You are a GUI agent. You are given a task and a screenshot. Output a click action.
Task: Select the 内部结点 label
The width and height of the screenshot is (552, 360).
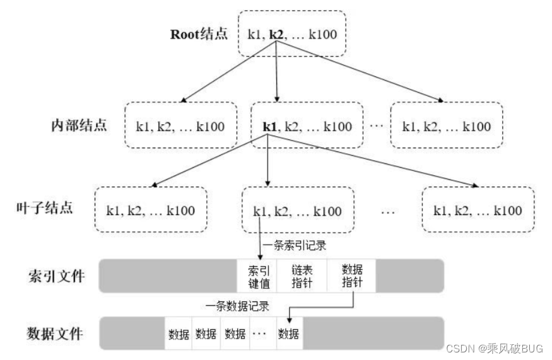pos(79,124)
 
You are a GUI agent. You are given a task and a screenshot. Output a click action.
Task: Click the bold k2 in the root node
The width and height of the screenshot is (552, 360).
pos(276,34)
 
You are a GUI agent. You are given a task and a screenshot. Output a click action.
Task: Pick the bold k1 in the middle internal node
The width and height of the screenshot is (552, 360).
pos(270,126)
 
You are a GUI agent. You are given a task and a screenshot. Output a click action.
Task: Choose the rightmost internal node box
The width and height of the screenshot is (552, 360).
pos(446,126)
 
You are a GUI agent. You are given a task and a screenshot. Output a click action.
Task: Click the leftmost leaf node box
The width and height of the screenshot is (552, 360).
pos(150,211)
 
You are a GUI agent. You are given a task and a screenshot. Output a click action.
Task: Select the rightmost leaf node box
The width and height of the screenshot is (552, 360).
pos(478,211)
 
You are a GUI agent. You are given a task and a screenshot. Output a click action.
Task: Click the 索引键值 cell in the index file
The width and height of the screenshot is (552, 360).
pos(257,276)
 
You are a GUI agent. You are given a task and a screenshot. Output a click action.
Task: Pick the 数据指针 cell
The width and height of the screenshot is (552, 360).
pos(351,276)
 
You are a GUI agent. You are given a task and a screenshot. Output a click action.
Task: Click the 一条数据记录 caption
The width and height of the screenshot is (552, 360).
pos(238,307)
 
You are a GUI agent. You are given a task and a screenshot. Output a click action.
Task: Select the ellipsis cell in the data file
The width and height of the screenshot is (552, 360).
pos(260,334)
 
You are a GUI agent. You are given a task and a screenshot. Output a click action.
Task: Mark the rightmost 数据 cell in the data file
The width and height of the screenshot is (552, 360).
pos(288,334)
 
